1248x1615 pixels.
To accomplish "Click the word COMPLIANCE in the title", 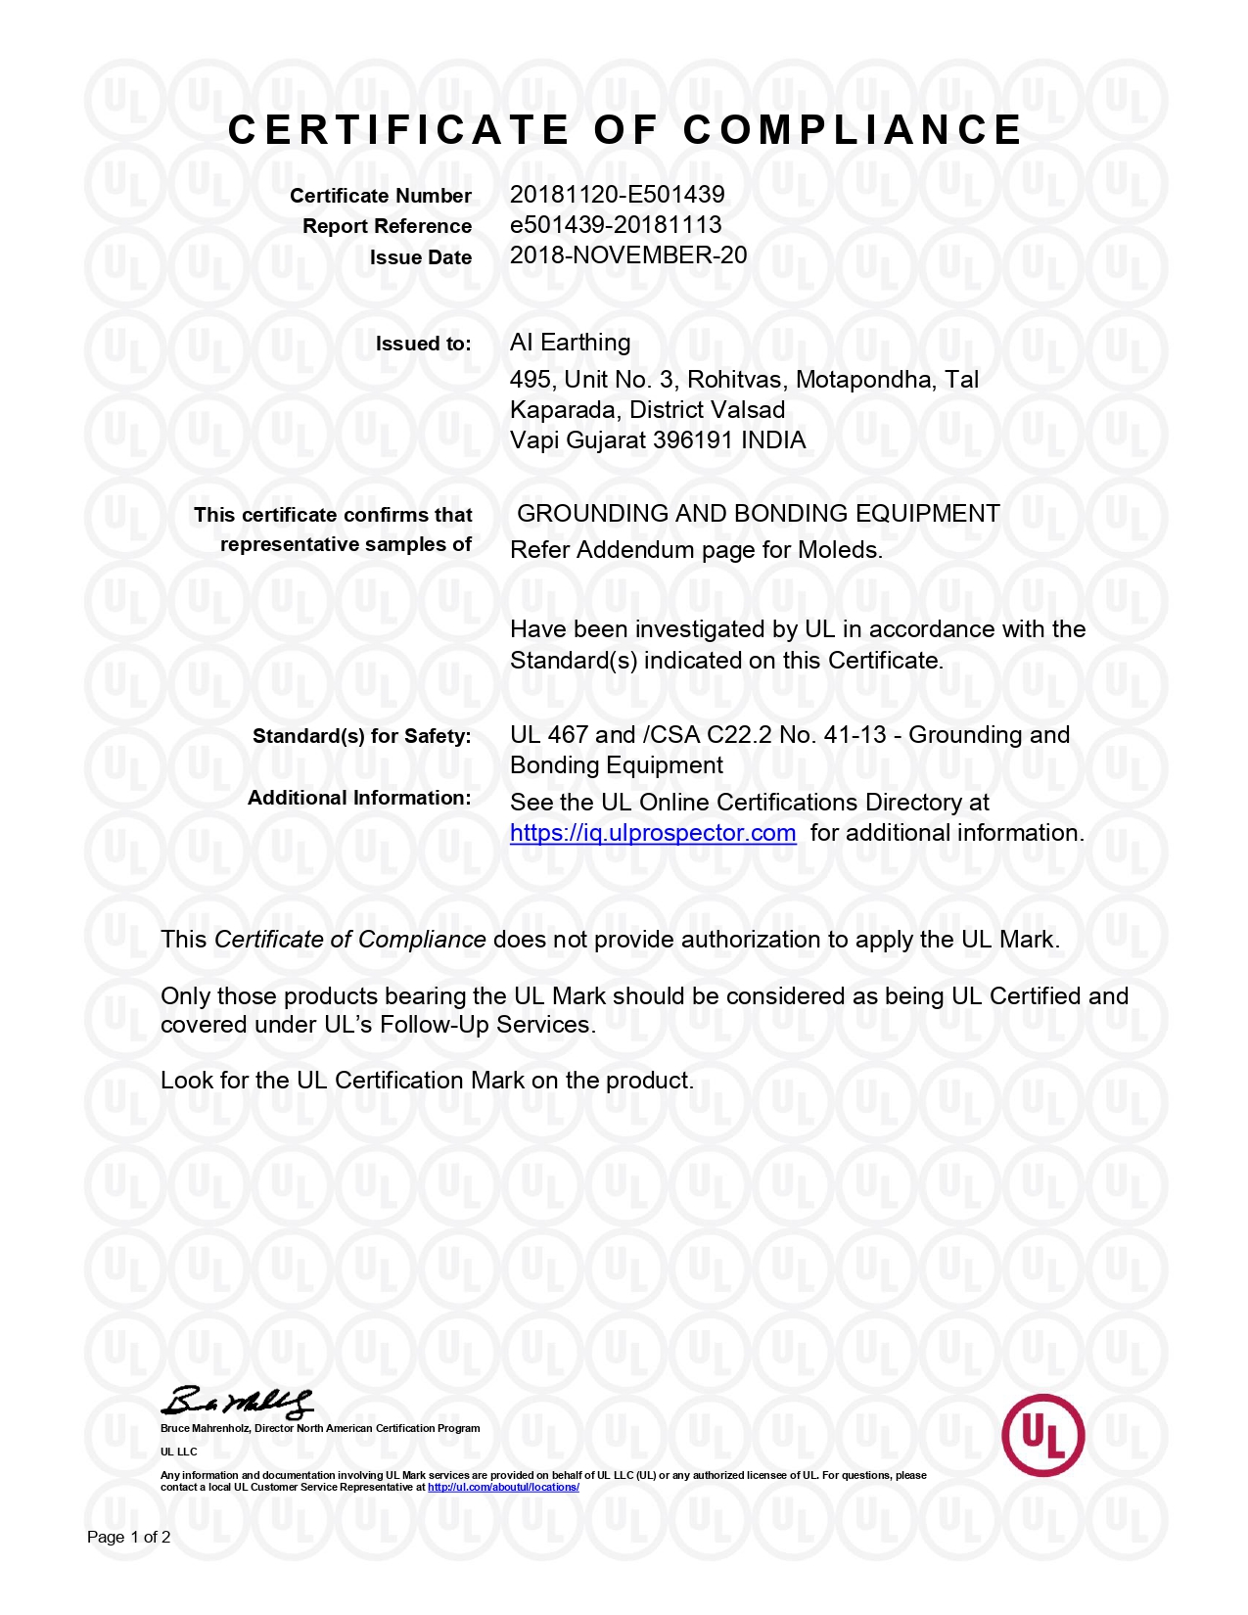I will tap(853, 130).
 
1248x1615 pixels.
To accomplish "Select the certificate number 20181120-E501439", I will tap(617, 194).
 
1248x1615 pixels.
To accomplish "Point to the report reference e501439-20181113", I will tap(616, 224).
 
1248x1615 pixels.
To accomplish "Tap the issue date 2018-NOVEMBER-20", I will tap(627, 255).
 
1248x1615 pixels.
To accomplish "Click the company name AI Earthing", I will tap(570, 343).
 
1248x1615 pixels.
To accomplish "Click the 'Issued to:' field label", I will tap(423, 344).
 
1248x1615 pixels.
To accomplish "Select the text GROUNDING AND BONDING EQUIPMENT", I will tap(758, 514).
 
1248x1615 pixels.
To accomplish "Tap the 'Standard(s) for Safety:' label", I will tap(361, 736).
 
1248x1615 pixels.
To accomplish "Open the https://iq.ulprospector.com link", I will tap(653, 833).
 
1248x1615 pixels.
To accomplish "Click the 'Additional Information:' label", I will tap(359, 798).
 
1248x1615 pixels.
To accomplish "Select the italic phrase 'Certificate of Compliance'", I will tap(349, 940).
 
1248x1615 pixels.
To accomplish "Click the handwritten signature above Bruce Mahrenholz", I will tap(238, 1403).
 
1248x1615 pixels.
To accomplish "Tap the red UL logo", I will tap(1042, 1435).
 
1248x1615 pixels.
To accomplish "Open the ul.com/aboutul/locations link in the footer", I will tap(503, 1488).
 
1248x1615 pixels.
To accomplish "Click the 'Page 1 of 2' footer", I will tap(128, 1537).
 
